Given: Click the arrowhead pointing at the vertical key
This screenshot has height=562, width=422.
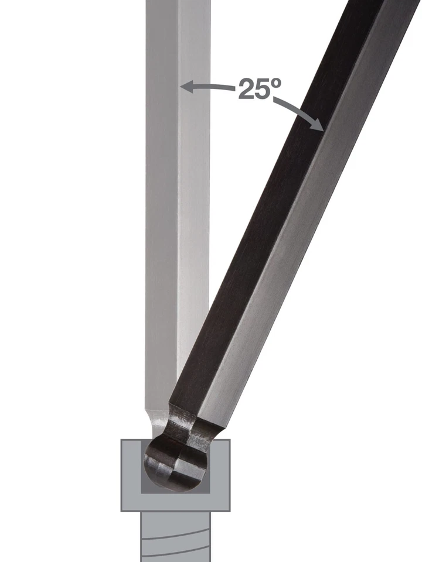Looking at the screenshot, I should point(185,87).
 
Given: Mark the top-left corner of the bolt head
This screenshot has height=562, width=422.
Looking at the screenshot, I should point(122,441).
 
